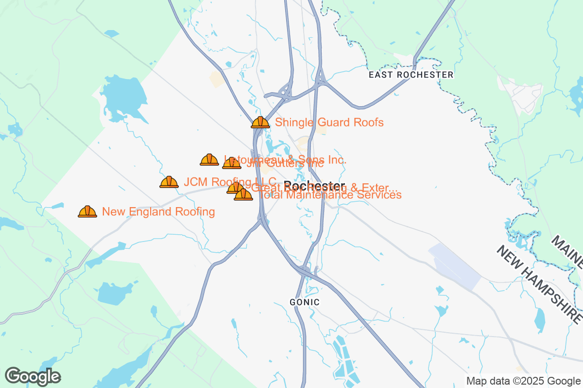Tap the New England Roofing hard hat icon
point(87,211)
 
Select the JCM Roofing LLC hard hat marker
point(169,182)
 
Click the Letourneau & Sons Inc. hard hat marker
point(209,160)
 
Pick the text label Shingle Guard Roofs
point(329,122)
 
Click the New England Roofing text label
point(158,212)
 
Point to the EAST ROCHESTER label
point(411,75)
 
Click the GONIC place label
point(305,302)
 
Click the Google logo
point(33,376)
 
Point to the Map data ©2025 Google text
point(524,381)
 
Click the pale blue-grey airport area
point(454,266)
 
